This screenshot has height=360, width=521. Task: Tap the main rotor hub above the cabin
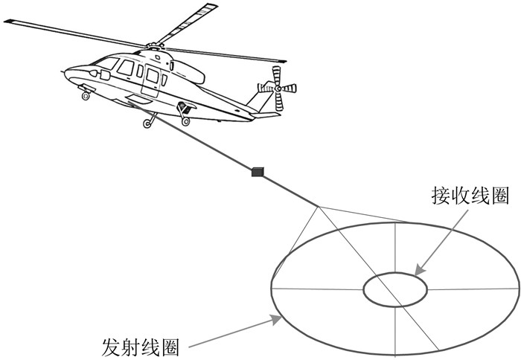tap(155, 47)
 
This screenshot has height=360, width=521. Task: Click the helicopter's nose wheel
tap(86, 96)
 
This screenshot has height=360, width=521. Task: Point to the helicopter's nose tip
tap(65, 73)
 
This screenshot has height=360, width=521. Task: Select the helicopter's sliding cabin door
tap(152, 80)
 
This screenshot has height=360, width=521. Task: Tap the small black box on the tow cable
tap(258, 173)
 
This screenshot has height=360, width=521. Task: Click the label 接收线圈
tap(459, 196)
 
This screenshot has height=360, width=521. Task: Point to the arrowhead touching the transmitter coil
tap(278, 320)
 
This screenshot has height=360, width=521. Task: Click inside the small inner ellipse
tap(394, 289)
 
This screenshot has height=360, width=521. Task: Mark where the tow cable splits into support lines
tap(320, 206)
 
